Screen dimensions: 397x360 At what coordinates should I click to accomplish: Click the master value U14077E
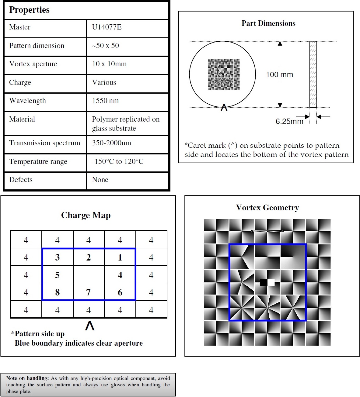coord(107,27)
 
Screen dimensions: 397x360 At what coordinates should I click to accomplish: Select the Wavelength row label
coord(28,101)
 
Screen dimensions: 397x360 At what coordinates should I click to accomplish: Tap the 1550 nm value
coord(105,101)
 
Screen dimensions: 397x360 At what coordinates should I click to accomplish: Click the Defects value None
coord(100,180)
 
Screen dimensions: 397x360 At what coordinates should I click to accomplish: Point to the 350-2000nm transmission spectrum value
coord(111,143)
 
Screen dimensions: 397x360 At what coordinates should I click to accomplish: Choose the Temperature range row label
coord(38,161)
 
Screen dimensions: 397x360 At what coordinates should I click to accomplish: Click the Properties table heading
coord(29,10)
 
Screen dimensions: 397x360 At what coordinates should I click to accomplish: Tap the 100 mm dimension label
coord(279,74)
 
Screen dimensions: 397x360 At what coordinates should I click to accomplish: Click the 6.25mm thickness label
coord(289,122)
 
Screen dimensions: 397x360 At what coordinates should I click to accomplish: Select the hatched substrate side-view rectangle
coord(313,74)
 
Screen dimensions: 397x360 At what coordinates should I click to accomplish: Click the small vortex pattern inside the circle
coord(224,74)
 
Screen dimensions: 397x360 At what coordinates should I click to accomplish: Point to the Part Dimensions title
coord(268,23)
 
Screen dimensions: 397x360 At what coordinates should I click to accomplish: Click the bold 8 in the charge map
coord(57,292)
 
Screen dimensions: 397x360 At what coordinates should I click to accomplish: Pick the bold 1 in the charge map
coord(120,258)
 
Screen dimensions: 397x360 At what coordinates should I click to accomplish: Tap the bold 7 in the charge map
coord(88,292)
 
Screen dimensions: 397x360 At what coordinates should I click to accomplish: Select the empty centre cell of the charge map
coord(89,275)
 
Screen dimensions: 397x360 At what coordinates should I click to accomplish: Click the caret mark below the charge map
coord(90,326)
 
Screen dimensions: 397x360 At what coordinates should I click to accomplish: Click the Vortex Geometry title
coord(267,208)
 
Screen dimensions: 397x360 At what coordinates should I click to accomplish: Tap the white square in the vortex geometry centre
coord(271,282)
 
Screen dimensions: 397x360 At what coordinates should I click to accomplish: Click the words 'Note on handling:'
coord(27,378)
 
